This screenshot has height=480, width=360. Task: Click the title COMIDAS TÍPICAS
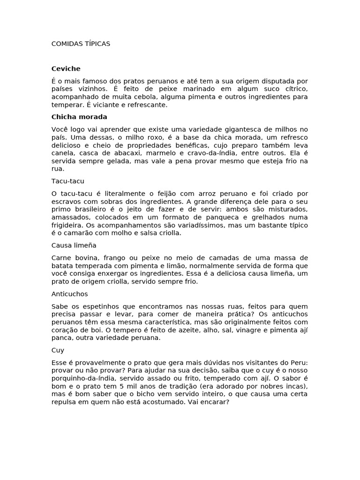[x=81, y=44]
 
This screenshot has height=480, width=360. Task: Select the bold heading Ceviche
[x=66, y=68]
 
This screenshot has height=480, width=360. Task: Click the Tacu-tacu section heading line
[x=67, y=180]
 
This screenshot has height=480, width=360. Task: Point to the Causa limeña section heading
[x=74, y=245]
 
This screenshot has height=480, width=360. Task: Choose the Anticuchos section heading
[x=69, y=294]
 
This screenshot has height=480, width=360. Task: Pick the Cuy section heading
[x=58, y=350]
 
